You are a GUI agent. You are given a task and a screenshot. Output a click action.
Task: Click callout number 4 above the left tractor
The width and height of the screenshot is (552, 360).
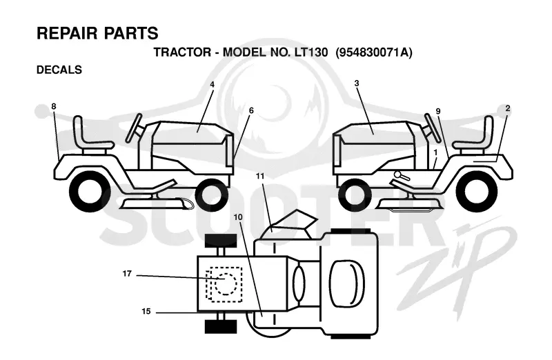coord(213,84)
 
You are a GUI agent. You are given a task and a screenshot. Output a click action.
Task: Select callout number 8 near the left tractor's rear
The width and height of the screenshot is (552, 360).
coord(54,106)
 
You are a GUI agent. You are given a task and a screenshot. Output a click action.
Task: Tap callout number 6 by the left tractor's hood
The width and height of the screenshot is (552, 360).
coord(251,110)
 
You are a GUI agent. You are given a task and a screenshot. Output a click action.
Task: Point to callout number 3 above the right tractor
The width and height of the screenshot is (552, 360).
coord(357,83)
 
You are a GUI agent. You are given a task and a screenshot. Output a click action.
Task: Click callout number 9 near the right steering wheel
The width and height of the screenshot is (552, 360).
coord(438,111)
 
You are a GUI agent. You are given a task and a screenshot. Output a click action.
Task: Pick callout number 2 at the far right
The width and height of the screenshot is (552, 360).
coord(507,108)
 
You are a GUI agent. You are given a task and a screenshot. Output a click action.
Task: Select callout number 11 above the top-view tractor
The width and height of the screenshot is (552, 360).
coord(260,176)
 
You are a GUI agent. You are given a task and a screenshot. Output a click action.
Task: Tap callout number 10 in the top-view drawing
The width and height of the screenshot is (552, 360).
coord(238,217)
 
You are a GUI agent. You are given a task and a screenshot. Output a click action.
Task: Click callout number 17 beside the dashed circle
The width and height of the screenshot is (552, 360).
coord(127,273)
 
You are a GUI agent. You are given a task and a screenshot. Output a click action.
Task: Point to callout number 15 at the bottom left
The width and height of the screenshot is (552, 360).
coord(146,311)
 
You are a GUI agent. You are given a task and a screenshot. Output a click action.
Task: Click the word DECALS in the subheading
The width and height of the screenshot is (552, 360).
coord(59,70)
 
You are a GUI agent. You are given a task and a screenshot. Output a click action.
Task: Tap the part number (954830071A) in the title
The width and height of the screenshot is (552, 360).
coord(373,52)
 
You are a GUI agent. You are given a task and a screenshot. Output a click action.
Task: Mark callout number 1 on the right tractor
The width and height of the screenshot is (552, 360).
coord(435,152)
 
